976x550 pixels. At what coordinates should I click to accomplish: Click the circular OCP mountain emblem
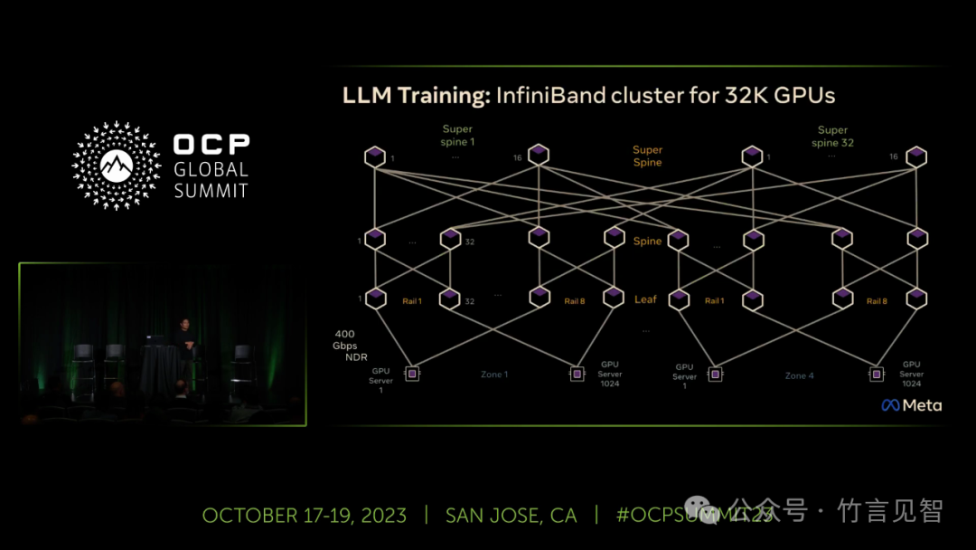coord(117,166)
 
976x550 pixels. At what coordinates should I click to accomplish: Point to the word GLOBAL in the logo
coord(211,169)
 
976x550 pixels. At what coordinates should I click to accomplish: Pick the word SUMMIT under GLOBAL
coord(211,190)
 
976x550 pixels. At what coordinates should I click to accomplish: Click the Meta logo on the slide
coord(911,405)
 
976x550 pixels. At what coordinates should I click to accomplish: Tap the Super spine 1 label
coord(457,136)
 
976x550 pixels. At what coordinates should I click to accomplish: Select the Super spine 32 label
coord(832,137)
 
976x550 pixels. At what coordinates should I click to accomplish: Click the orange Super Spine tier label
coord(647,156)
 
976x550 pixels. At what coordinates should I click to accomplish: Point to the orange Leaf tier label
coord(645,299)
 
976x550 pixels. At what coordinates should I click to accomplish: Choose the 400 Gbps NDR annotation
coord(344,346)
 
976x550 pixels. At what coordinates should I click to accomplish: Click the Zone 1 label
coord(494,374)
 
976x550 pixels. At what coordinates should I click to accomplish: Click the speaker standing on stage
coord(184,353)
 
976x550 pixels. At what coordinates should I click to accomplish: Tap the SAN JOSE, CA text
coord(511,516)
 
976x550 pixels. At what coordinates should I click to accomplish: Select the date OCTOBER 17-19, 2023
coord(304,516)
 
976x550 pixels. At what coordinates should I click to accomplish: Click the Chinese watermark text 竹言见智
coord(890,510)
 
